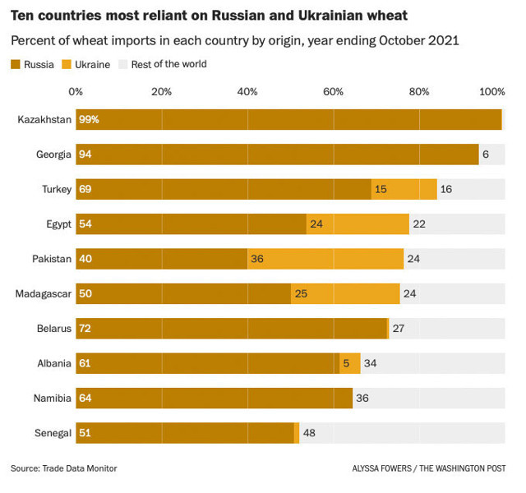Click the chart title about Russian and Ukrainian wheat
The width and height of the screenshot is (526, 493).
coord(209,16)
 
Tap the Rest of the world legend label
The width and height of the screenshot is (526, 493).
coord(169,64)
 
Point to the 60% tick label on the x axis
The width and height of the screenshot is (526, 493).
coord(333,91)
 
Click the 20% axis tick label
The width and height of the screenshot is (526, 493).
coord(161,91)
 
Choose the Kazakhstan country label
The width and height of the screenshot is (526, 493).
coord(44,119)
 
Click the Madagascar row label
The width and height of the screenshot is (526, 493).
coord(43,293)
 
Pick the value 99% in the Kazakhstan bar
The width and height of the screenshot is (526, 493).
coord(89,119)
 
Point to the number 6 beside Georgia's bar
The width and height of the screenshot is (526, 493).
coord(486,154)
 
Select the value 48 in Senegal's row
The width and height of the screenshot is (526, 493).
coord(309,433)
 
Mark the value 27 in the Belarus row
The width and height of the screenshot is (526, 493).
coord(399,329)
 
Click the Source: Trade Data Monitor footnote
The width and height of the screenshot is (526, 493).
coord(63,468)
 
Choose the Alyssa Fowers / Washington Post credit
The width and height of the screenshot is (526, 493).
coord(428,468)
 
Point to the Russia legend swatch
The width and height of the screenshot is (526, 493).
coord(15,64)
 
